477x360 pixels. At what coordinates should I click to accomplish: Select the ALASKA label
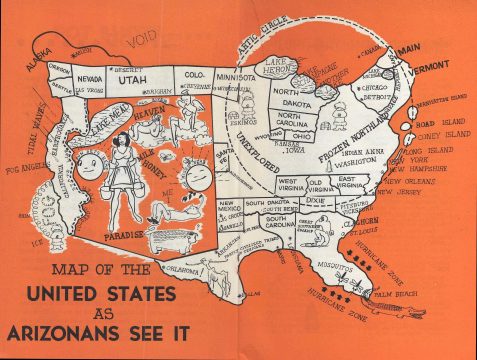point(41,59)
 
